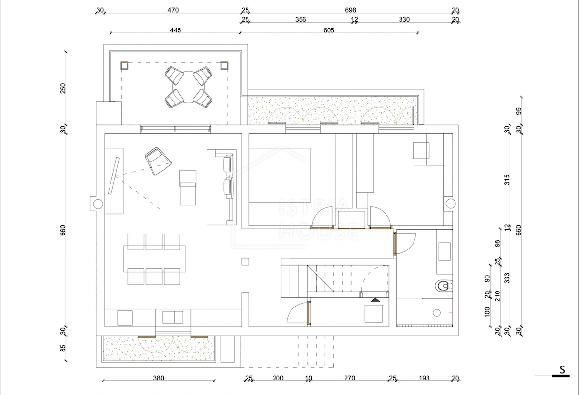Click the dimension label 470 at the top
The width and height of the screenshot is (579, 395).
[x=173, y=10]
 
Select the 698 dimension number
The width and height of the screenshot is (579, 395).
[x=350, y=10]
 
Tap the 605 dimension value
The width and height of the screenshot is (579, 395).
[x=329, y=30]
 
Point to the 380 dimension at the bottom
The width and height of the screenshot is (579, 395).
[x=158, y=378]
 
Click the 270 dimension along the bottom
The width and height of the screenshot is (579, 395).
[x=349, y=378]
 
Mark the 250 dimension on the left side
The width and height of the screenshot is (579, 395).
[x=63, y=88]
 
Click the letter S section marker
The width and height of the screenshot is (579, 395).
[x=562, y=370]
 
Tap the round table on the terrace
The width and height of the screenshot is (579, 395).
[x=189, y=87]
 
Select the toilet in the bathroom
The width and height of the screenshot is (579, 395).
[x=443, y=286]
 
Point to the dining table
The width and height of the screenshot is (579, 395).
[x=154, y=259]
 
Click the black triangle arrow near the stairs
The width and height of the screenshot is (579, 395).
[x=375, y=300]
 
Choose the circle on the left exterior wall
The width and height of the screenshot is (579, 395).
[x=97, y=204]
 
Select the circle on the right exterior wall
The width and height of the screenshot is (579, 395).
[x=451, y=204]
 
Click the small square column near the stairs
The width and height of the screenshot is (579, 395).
[x=245, y=262]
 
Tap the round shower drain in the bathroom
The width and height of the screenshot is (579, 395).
[x=437, y=313]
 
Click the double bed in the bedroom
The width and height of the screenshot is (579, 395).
[x=280, y=175]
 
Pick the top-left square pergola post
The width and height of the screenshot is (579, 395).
[x=124, y=66]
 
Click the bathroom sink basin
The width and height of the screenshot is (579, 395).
[x=444, y=251]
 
